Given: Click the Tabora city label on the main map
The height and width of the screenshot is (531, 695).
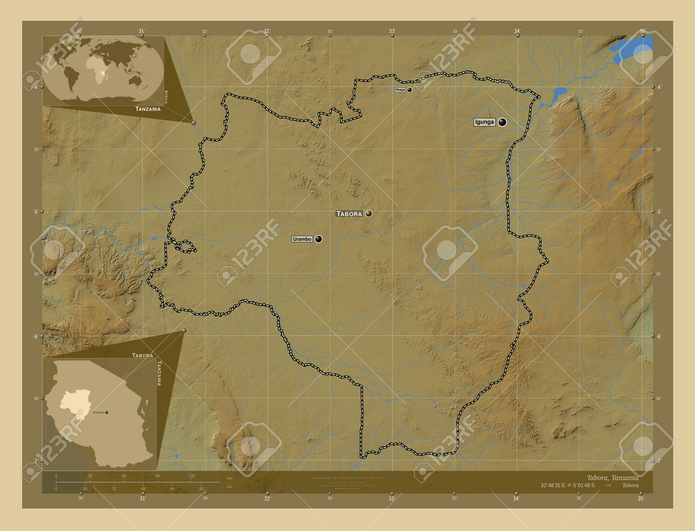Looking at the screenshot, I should tap(349, 214).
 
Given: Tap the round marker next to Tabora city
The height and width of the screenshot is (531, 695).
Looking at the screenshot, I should tap(368, 214).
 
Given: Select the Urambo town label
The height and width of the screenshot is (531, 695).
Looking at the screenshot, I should tap(302, 239).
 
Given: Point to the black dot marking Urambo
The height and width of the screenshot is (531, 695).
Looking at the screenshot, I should tap(319, 239).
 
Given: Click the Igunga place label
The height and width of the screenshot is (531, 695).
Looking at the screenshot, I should tap(484, 122).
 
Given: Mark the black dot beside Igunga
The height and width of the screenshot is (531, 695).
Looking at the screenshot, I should tap(502, 122).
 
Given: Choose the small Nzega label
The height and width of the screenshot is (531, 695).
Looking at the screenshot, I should tap(400, 90).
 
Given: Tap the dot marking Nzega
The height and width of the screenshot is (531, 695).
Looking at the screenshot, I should tap(410, 90).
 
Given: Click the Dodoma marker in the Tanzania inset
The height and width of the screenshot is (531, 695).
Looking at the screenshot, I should tap(106, 412).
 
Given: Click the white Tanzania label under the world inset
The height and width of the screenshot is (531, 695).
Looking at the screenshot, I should tap(148, 109).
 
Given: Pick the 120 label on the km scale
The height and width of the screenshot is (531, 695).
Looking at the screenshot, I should tap(191, 476).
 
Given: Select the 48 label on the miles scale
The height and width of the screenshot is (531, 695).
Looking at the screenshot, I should tap(143, 489).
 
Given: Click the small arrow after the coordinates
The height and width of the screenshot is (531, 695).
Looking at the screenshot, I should tap(607, 486).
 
